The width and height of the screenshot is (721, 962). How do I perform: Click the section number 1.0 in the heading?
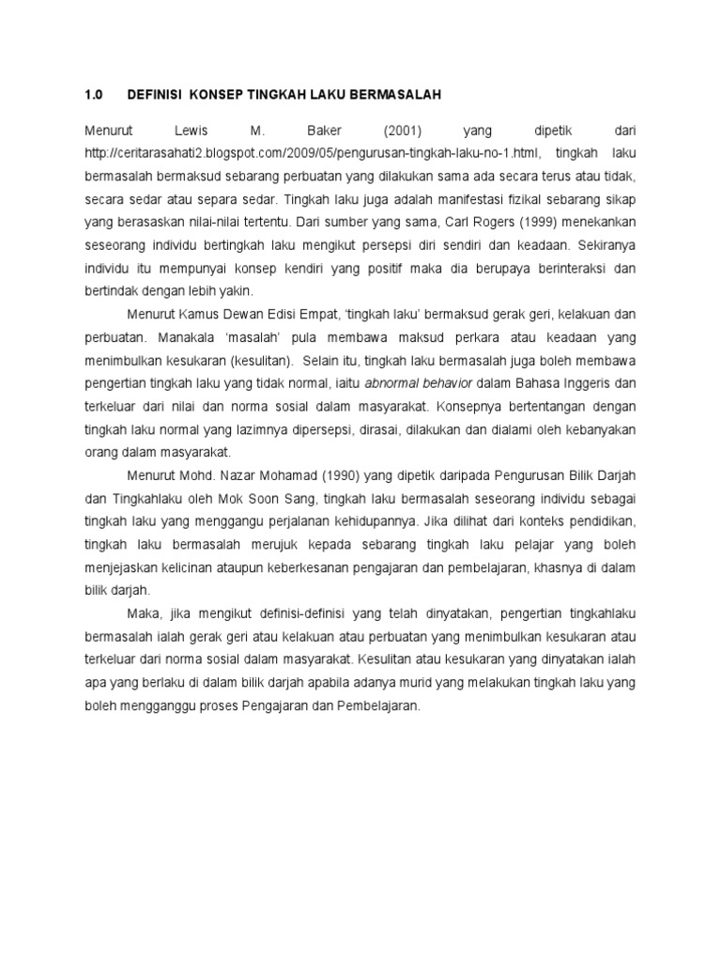click(x=92, y=95)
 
